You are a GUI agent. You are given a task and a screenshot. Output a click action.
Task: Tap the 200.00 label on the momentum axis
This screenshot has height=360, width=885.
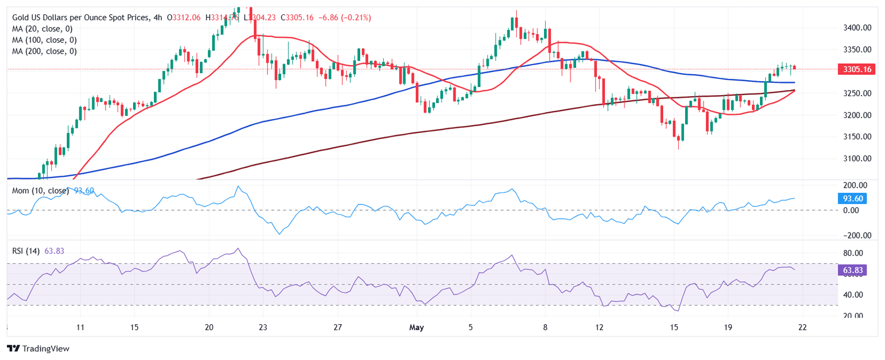(855, 185)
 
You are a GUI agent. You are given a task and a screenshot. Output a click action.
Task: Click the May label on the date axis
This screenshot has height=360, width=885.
(416, 328)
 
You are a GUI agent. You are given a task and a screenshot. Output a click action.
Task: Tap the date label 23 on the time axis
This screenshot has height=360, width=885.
(263, 328)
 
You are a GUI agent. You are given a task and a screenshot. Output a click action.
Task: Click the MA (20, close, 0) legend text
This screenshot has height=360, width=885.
(44, 29)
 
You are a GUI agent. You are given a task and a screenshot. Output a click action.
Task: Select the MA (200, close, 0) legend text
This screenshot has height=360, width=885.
(44, 51)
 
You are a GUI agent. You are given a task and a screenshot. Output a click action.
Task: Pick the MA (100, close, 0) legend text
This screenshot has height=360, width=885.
(44, 40)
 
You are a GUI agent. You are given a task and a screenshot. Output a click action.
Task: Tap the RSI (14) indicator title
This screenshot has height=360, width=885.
(25, 251)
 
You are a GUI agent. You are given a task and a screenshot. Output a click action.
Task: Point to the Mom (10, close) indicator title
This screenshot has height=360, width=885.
(40, 191)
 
